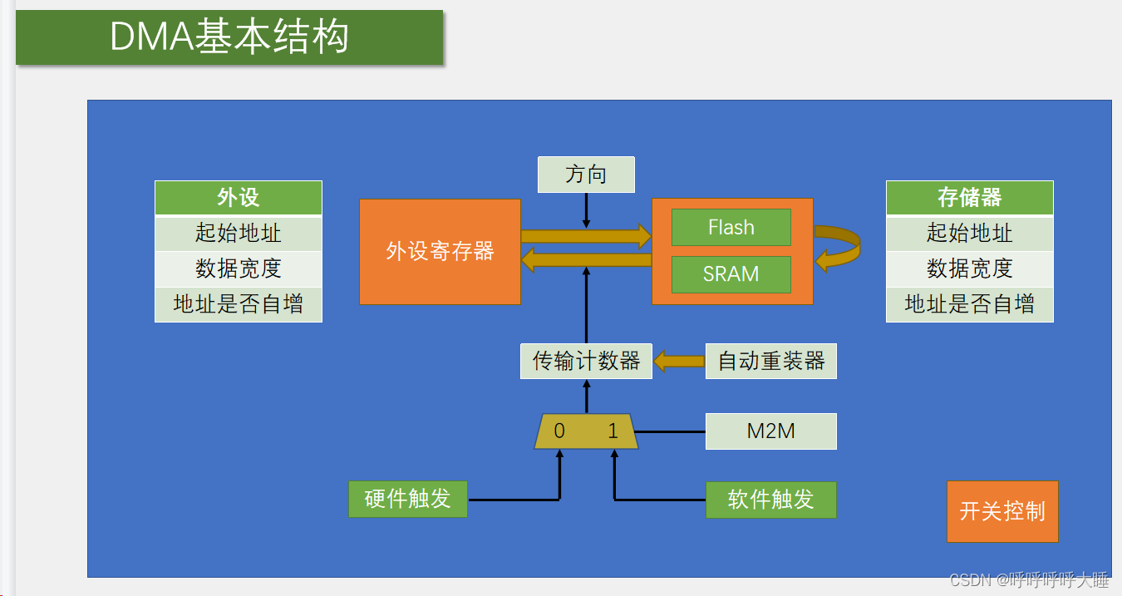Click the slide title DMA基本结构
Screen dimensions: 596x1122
tap(229, 37)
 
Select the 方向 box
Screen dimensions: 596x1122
tap(586, 175)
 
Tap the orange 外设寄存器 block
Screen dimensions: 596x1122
tap(440, 251)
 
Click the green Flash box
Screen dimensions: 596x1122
tap(731, 228)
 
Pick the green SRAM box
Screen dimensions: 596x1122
tap(731, 274)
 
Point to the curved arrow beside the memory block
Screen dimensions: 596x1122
tap(839, 249)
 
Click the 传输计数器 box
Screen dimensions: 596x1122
tap(586, 361)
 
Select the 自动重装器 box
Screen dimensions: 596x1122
tap(770, 361)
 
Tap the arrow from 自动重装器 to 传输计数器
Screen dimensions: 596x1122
tap(679, 361)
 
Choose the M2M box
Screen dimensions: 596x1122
tap(770, 431)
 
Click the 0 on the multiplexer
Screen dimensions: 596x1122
tap(559, 431)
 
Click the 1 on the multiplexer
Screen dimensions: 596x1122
tap(613, 431)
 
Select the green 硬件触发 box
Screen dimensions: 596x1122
tap(408, 500)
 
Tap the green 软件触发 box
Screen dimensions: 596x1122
tap(770, 500)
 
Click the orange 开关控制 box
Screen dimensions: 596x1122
tap(1002, 511)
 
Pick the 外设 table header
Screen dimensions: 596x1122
tap(239, 198)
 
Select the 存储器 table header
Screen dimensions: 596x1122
tap(969, 198)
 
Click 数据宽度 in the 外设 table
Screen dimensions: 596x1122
tap(239, 268)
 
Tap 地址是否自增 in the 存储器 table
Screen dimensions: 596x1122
tap(969, 304)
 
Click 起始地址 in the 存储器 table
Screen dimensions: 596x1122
tap(969, 233)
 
